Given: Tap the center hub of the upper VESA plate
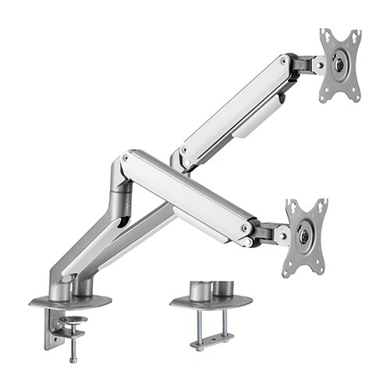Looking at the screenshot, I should (341, 66).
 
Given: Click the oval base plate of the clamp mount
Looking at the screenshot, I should (70, 301).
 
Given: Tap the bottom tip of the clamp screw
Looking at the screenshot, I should (73, 360).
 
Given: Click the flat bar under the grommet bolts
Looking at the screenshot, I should (212, 341).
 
